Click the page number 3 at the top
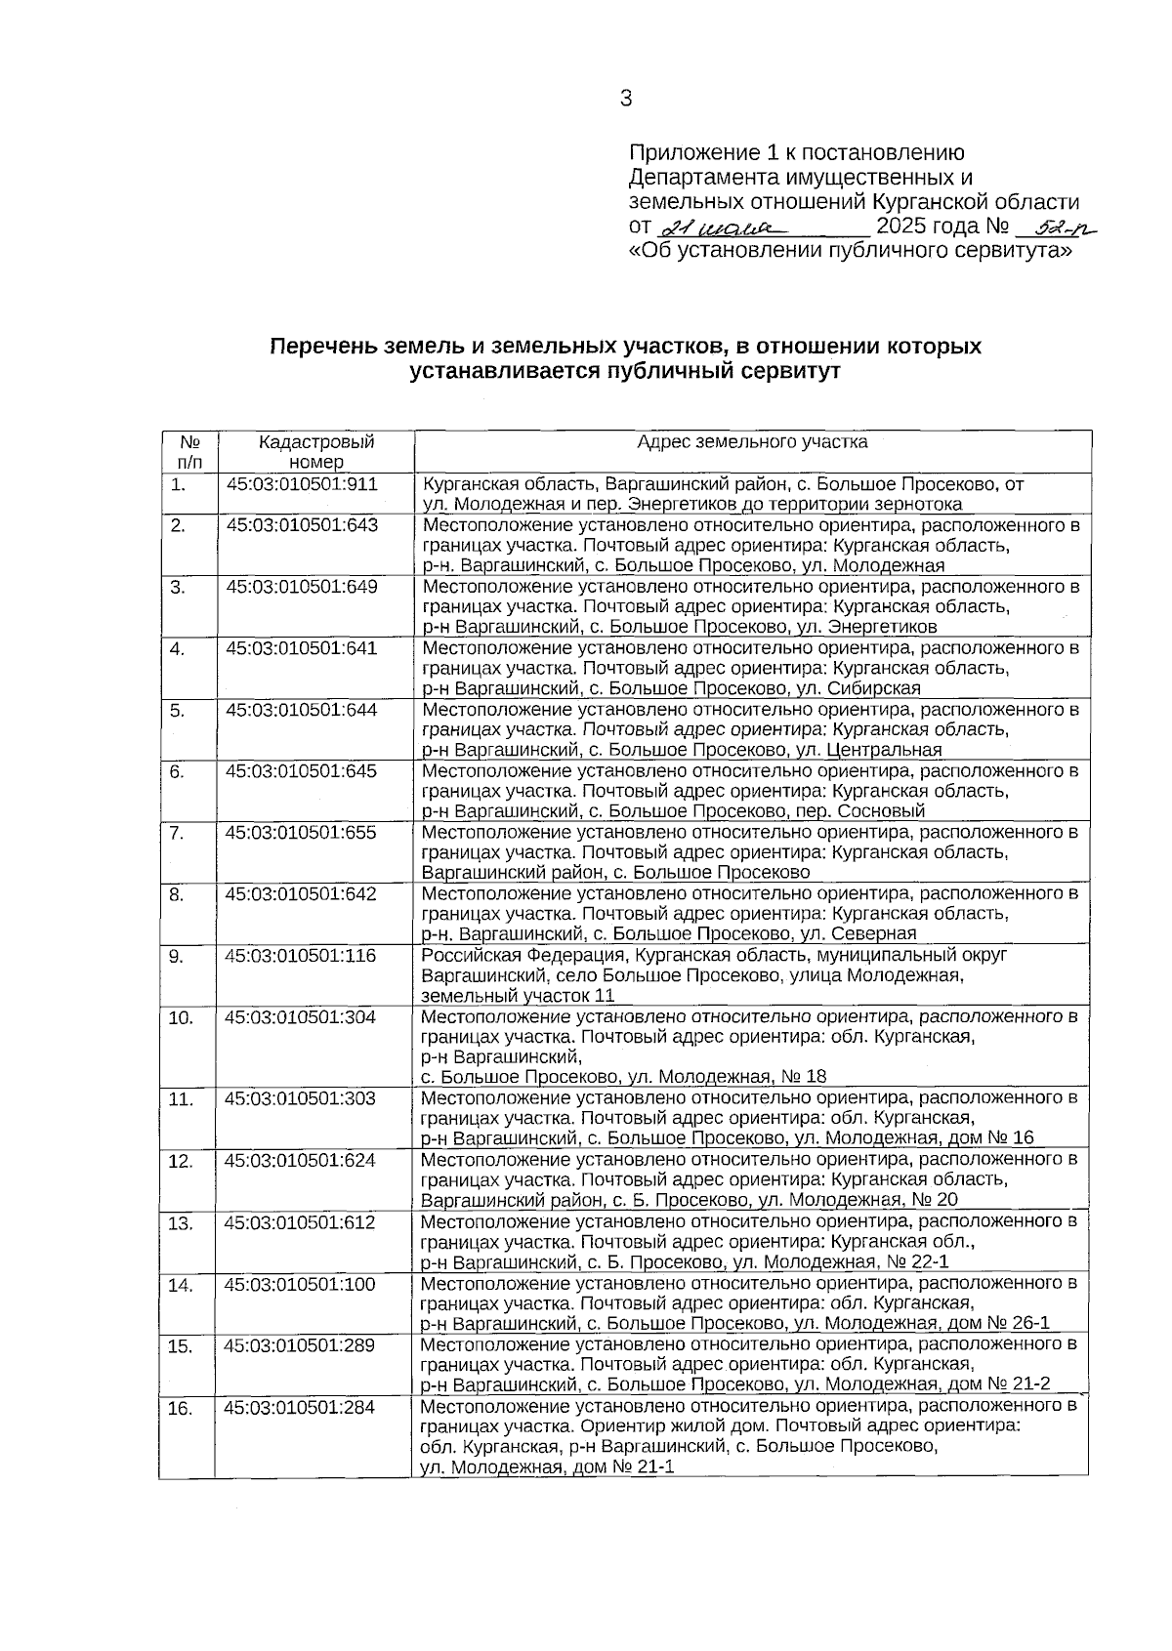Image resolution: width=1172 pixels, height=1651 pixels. (x=625, y=98)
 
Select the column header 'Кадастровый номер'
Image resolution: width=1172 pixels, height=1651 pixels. (x=316, y=452)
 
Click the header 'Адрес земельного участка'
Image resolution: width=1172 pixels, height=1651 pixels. (x=752, y=442)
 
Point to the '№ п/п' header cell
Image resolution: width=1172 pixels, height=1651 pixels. (x=189, y=452)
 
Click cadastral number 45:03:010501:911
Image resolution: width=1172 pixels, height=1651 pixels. (x=302, y=484)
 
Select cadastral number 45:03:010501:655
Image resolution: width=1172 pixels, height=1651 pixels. (x=302, y=833)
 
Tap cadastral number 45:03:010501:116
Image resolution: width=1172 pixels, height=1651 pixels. (x=301, y=956)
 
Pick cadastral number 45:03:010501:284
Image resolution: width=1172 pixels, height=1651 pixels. (x=299, y=1407)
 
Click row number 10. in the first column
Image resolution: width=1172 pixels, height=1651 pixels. (x=181, y=1017)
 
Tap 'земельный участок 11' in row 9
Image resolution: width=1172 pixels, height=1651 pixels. (x=518, y=996)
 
